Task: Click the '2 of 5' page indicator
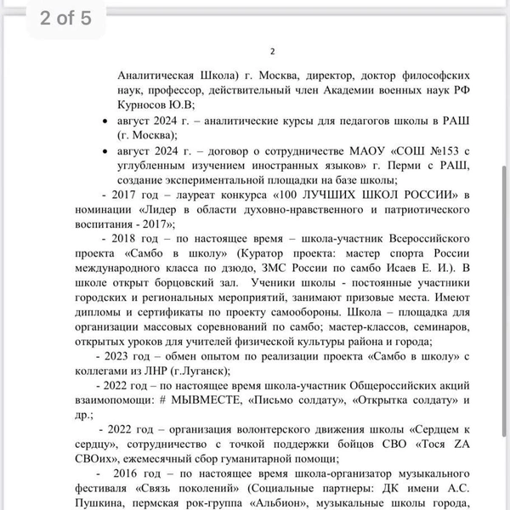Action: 65,19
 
